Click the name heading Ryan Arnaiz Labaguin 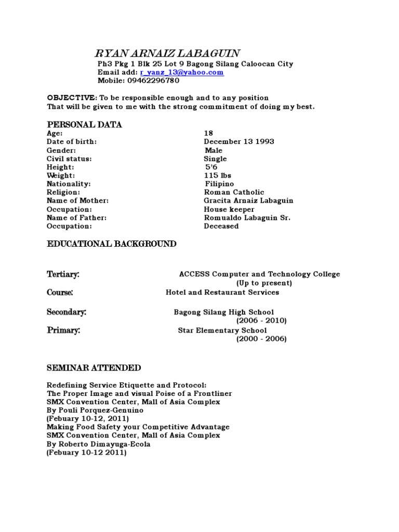(167, 53)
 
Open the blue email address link (182, 73)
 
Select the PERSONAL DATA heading (85, 125)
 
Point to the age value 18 (208, 134)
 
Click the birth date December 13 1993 (239, 142)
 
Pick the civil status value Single (215, 159)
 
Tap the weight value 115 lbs (218, 176)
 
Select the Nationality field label (69, 184)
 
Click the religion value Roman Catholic (234, 192)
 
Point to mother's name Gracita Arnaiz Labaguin (248, 201)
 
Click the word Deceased (221, 226)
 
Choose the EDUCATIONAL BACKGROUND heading (112, 244)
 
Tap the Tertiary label (63, 274)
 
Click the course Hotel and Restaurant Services (222, 292)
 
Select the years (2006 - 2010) (261, 321)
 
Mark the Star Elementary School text (222, 330)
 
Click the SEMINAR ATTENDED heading (94, 368)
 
